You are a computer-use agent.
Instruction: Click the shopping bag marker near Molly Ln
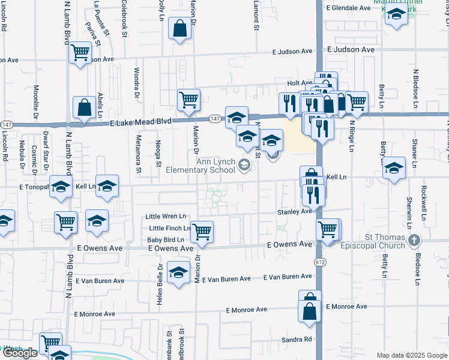pos(180,29)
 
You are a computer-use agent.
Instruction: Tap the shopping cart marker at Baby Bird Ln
pos(202,231)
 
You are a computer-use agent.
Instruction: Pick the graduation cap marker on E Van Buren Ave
pos(178,273)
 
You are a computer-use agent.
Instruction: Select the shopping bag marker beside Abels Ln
pos(83,108)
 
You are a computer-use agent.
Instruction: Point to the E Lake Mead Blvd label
pos(141,121)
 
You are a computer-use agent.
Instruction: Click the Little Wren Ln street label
pos(167,216)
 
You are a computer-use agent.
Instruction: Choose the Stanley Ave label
pos(294,211)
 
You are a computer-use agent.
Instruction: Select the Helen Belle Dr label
pos(160,285)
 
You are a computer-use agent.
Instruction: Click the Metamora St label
pos(137,155)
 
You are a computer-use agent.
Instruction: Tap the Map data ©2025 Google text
pos(412,355)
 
